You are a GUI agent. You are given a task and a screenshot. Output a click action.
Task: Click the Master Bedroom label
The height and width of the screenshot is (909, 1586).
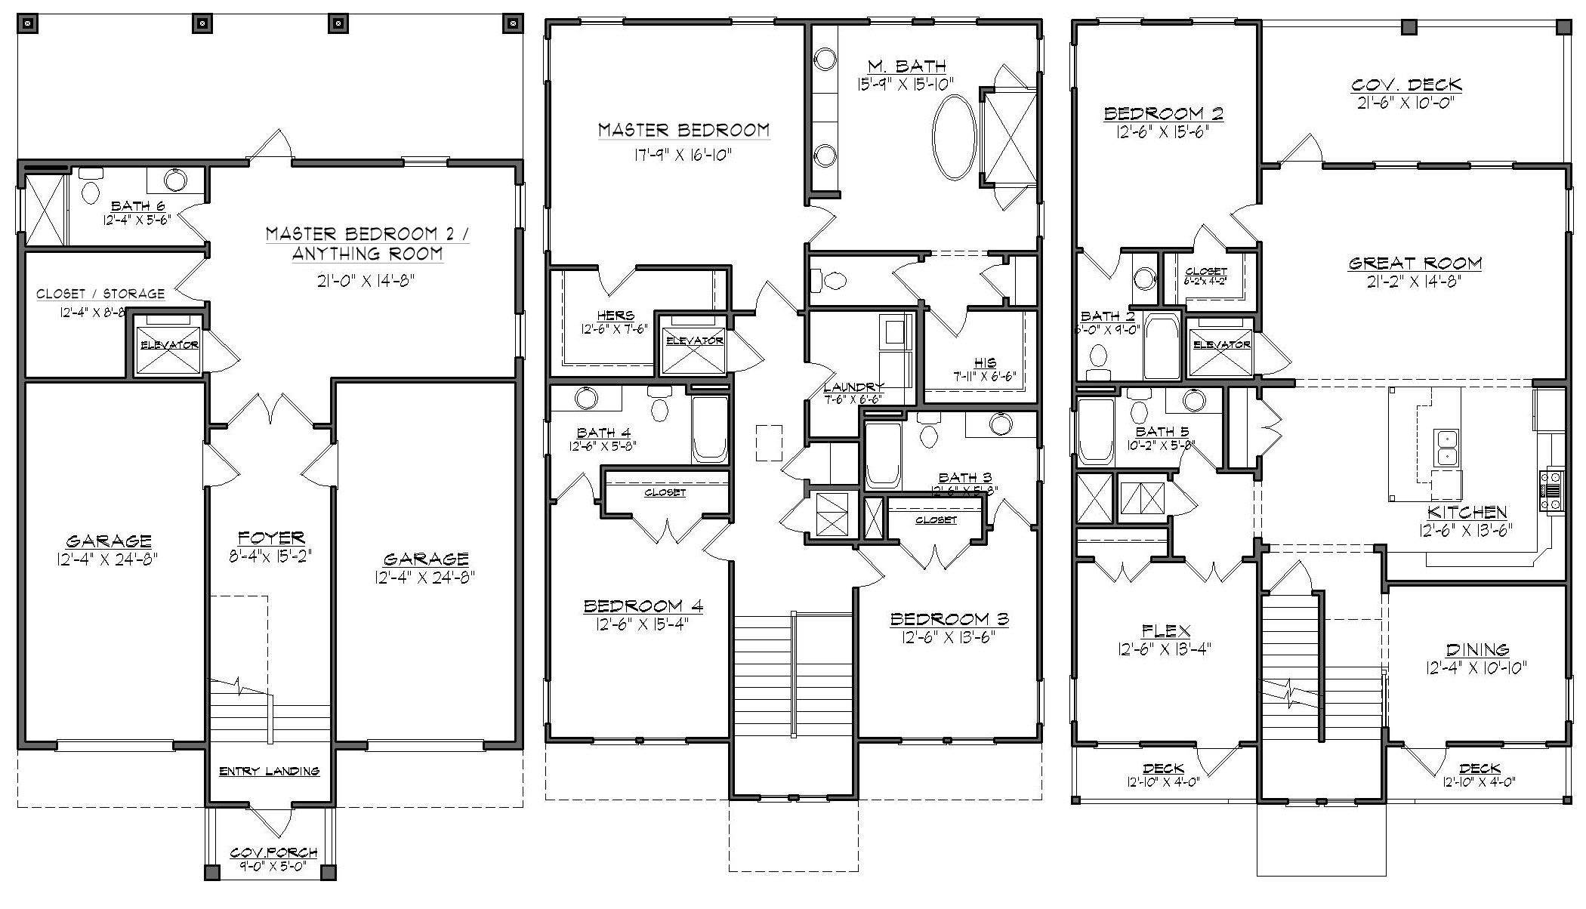tap(683, 130)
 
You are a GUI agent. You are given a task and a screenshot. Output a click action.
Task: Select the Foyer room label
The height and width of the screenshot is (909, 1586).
tap(271, 538)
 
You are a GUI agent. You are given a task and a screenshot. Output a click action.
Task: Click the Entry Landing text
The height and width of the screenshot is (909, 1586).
tap(269, 771)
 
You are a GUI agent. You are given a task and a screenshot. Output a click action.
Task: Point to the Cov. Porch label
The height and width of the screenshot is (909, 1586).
tap(273, 852)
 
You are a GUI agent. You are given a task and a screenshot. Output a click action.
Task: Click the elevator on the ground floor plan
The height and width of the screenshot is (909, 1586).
tap(168, 345)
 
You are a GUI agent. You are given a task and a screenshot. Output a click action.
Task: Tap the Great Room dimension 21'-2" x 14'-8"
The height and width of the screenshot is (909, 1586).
tap(1415, 282)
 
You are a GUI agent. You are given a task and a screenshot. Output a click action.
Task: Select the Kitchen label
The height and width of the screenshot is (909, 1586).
tap(1467, 512)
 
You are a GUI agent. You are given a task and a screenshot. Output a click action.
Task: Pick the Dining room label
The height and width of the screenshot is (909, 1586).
tap(1477, 649)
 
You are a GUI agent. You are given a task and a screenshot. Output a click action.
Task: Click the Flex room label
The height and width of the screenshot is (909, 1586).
tap(1166, 630)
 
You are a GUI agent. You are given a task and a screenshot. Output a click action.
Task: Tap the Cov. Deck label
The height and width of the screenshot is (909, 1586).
tap(1406, 85)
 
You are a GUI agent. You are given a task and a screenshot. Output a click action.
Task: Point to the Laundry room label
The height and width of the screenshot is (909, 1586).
tap(853, 387)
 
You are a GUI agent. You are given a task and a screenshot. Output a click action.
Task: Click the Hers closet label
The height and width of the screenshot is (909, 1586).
tap(615, 315)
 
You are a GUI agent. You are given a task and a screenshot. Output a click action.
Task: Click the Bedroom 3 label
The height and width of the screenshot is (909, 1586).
tap(949, 619)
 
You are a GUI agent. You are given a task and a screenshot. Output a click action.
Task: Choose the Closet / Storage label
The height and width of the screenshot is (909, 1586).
tap(100, 294)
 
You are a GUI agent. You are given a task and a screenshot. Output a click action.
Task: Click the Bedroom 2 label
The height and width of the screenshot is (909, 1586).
tap(1163, 113)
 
